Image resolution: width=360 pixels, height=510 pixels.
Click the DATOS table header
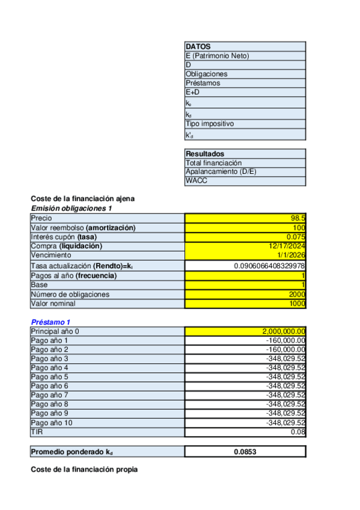pos(198,46)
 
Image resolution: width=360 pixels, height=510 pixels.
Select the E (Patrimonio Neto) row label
pos(217,55)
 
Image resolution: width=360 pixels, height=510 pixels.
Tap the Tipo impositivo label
pos(209,123)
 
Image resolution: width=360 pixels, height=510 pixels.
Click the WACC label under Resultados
pos(197,180)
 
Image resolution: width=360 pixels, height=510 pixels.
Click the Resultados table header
pos(205,153)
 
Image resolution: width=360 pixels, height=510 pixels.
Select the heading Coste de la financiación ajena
pos(82,199)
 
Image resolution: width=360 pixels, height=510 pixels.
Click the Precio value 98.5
pos(298,218)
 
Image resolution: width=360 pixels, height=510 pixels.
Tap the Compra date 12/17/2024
pos(287,246)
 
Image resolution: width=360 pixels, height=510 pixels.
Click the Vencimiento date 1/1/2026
pos(291,255)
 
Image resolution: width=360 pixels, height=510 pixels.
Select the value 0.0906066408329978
pos(269,265)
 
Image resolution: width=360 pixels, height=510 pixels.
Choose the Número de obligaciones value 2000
pos(296,294)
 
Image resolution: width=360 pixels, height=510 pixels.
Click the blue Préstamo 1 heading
pos(51,322)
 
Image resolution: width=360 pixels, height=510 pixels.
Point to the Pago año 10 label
pos(51,422)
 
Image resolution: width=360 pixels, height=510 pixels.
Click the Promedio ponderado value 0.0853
pos(245,452)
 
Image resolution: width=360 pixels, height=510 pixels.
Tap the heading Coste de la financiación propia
pos(84,469)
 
